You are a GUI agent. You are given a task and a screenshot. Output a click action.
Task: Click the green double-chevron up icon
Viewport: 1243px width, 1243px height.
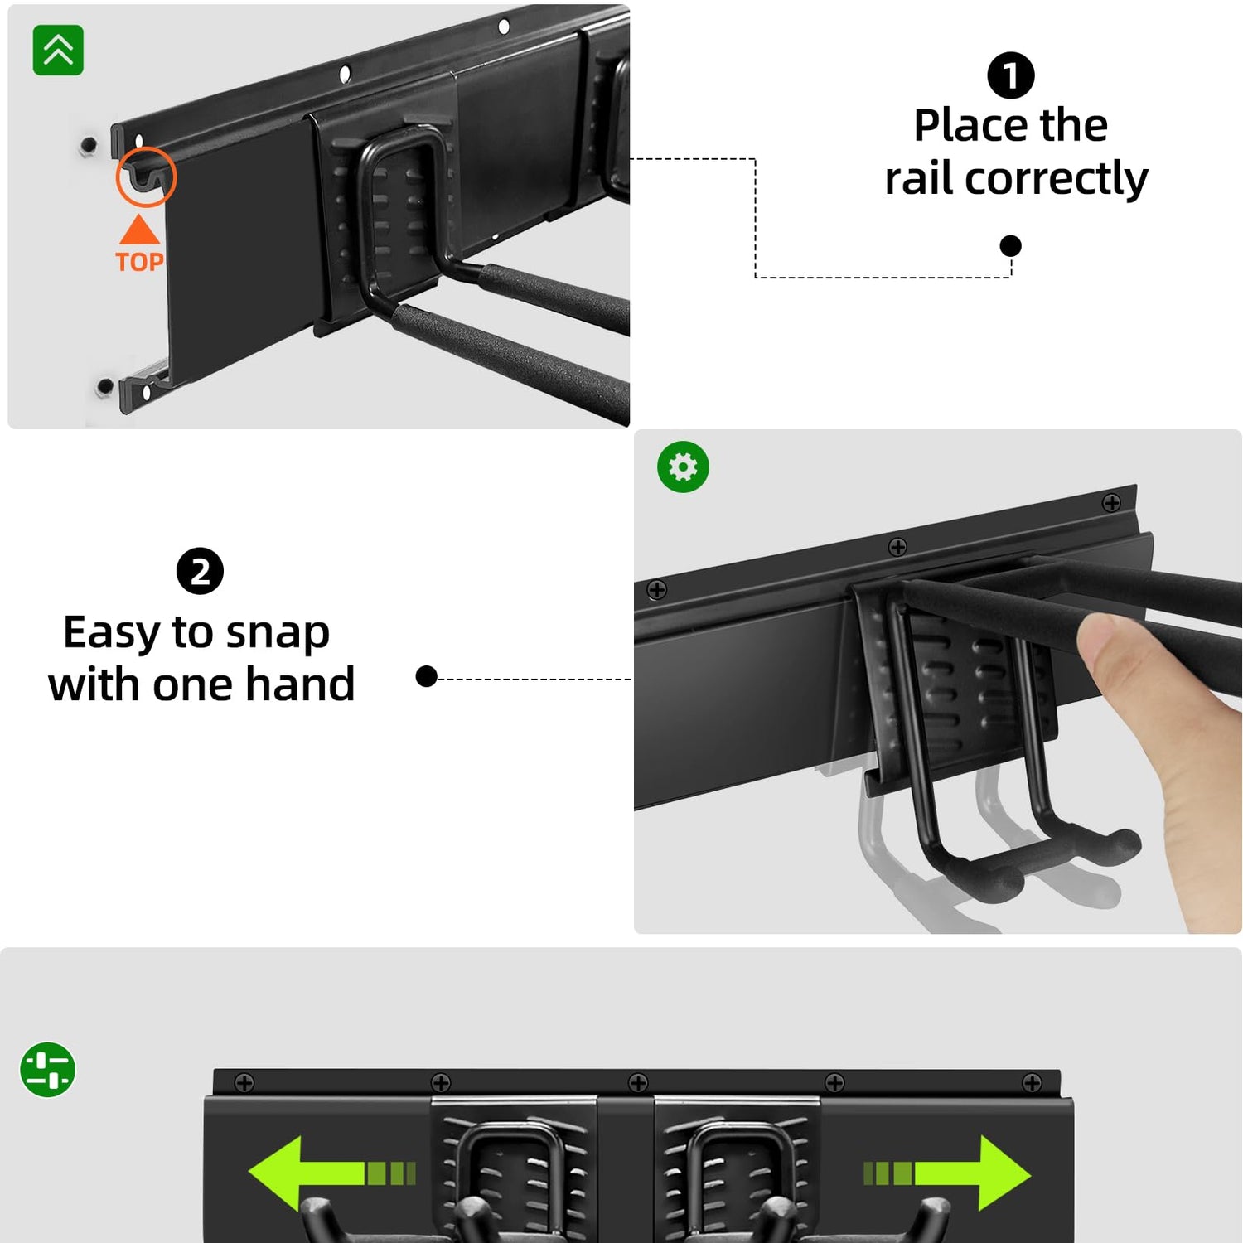click(58, 51)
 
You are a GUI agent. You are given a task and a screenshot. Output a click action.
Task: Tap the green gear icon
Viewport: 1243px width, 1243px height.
click(683, 467)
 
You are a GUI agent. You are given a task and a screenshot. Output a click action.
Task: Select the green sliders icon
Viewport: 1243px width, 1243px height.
click(48, 1069)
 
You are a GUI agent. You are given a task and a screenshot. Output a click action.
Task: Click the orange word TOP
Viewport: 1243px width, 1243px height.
click(139, 263)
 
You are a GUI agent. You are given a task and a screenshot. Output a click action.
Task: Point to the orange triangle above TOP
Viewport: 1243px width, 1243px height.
click(139, 231)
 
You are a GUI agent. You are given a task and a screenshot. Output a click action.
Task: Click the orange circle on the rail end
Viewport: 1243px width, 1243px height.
click(146, 177)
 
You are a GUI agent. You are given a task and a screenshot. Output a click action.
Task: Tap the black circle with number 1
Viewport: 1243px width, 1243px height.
click(1010, 75)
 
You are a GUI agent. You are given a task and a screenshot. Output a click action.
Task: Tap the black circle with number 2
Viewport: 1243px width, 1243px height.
click(200, 572)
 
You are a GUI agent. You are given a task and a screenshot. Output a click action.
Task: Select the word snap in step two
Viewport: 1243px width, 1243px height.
click(278, 634)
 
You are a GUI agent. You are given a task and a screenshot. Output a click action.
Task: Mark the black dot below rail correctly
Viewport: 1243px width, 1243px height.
click(1010, 246)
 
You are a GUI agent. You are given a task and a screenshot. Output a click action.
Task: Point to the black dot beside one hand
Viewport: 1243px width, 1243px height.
click(426, 677)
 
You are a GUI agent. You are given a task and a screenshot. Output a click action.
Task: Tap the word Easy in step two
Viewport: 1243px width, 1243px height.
click(112, 634)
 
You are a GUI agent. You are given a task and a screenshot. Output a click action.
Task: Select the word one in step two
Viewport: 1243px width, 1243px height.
click(192, 685)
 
